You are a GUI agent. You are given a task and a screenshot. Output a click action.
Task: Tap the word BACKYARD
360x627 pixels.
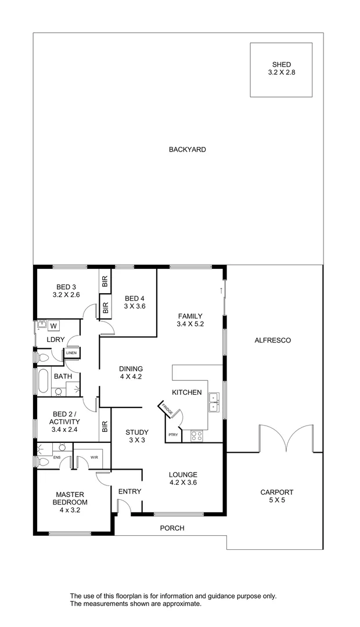188,150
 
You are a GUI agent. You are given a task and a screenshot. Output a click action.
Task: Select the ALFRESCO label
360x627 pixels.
273,340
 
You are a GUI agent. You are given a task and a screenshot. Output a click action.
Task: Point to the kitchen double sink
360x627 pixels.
213,402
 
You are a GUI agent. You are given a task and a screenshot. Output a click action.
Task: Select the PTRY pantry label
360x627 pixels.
173,435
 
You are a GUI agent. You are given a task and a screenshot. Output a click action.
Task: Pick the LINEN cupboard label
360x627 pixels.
71,353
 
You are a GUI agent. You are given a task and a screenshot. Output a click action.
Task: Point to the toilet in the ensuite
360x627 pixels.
43,462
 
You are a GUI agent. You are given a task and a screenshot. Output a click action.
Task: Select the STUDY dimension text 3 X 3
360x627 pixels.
137,441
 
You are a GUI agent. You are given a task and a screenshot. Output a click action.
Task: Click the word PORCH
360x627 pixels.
172,528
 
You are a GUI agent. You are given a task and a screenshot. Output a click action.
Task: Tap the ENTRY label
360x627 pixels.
129,492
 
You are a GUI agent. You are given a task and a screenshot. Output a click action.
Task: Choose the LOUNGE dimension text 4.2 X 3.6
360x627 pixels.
183,482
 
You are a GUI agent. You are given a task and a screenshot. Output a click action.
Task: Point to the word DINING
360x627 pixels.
131,369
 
